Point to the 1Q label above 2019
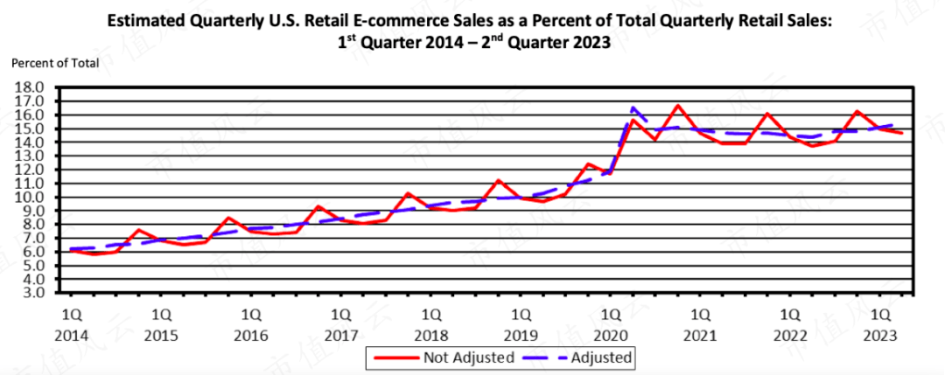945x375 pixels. pos(521,313)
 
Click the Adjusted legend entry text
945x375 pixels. pos(601,357)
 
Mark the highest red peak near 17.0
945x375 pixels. pos(678,105)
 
